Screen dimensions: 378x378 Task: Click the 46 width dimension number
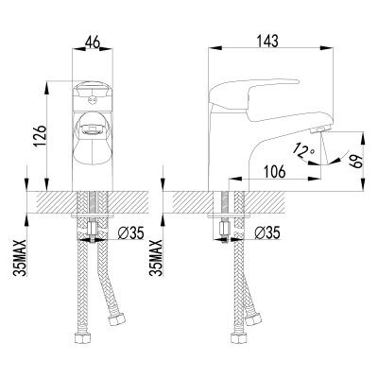coord(91,43)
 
